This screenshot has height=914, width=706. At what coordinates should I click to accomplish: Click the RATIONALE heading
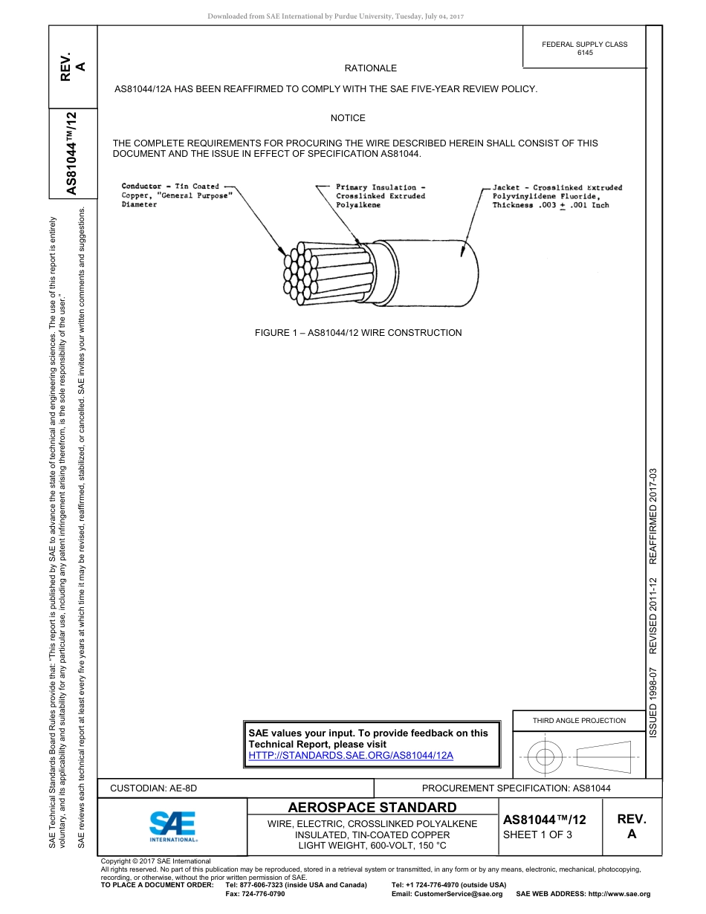[x=370, y=68]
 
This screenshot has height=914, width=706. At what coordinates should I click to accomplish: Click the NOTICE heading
[x=348, y=118]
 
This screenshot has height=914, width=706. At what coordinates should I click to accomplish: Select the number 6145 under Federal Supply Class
[x=585, y=53]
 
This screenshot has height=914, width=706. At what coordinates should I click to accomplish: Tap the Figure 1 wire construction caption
[x=358, y=333]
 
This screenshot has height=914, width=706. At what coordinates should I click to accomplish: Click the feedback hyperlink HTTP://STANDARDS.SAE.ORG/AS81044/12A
[x=351, y=755]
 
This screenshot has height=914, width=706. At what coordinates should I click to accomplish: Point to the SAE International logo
[x=173, y=826]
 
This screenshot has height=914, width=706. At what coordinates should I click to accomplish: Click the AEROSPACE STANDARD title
[x=372, y=808]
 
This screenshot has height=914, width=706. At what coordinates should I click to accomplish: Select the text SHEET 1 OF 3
[x=538, y=834]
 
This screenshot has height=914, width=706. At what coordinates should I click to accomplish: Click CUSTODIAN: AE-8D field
[x=154, y=788]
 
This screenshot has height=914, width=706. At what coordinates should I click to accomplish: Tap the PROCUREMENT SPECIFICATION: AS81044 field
[x=516, y=788]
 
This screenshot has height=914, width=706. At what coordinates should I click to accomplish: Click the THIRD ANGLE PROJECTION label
[x=579, y=720]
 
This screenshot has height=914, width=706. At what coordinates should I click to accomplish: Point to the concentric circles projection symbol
[x=545, y=757]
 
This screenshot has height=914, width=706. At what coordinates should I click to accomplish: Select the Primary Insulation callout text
[x=380, y=195]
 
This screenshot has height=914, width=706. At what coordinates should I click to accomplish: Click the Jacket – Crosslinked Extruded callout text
[x=557, y=196]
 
